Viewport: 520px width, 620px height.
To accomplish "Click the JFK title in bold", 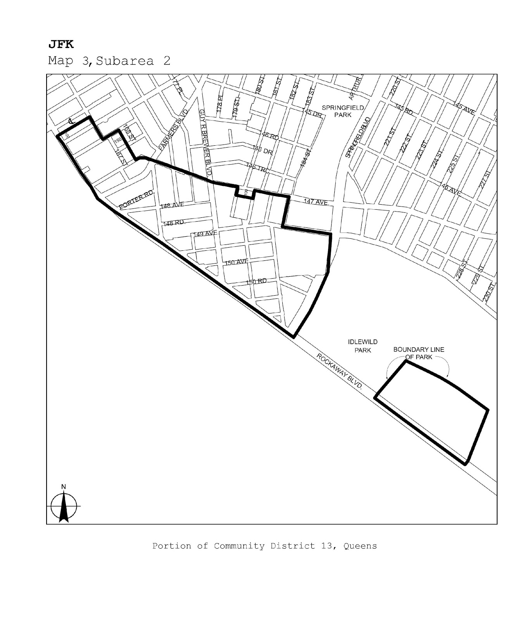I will click(x=61, y=45).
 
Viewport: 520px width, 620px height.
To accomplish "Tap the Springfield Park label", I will click(x=342, y=111).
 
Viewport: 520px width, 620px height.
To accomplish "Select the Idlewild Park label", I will click(x=363, y=346).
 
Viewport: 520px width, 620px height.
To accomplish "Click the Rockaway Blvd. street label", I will click(x=340, y=371).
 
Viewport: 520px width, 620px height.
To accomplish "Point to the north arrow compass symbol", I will click(x=64, y=505).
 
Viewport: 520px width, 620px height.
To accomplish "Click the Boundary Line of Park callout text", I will click(x=419, y=353).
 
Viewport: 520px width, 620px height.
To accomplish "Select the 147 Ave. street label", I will click(x=316, y=202).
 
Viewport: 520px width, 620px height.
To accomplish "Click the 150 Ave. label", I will click(x=236, y=262).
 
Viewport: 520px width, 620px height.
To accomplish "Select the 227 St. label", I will click(x=485, y=179).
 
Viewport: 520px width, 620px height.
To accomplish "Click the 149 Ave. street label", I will click(x=206, y=234).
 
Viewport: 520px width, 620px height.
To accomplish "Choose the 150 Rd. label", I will click(x=257, y=281).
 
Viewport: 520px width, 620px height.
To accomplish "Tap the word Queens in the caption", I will click(x=360, y=546).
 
